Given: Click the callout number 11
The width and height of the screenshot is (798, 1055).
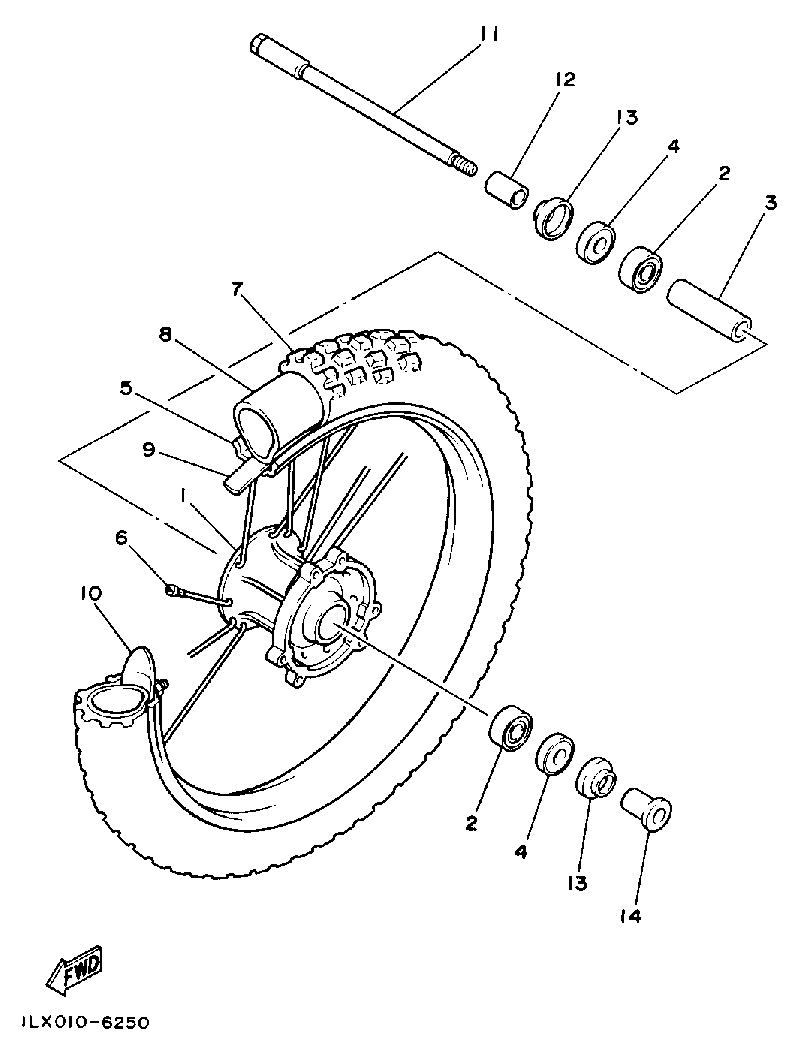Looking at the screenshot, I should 488,35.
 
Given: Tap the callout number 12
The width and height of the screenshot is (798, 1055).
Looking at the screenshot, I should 565,79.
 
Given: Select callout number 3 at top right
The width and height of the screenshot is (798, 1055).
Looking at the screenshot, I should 770,203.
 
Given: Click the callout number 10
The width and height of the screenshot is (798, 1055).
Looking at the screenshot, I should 91,594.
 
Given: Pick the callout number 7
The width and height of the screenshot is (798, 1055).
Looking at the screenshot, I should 237,290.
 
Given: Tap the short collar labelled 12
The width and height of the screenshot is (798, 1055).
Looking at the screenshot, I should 507,188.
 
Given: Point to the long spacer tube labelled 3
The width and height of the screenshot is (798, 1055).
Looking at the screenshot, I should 711,310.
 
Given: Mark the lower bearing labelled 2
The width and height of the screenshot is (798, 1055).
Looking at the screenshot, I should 510,725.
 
